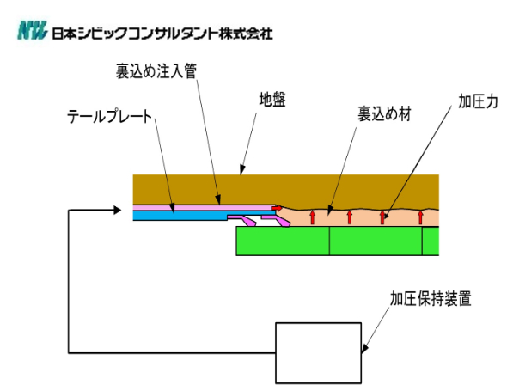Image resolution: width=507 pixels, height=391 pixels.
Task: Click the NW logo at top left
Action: [x=32, y=30]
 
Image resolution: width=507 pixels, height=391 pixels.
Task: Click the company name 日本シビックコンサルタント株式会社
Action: [x=162, y=34]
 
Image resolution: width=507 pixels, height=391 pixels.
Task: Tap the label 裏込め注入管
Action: [x=156, y=71]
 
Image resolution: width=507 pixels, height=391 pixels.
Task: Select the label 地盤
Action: [x=272, y=100]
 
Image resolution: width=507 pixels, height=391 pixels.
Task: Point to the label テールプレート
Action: [x=110, y=116]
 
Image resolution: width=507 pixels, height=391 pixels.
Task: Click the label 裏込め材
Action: [x=384, y=114]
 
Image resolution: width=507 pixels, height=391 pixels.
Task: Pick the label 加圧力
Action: [x=478, y=101]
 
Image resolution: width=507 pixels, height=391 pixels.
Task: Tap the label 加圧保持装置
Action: [x=431, y=298]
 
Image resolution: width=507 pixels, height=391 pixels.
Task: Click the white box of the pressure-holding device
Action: [x=318, y=353]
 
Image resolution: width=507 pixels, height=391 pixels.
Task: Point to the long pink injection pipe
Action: [x=203, y=207]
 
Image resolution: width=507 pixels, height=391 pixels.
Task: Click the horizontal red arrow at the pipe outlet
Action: [x=277, y=208]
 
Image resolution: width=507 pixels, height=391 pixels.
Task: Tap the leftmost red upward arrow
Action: [x=312, y=217]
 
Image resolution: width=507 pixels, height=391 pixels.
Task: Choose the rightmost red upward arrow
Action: [x=420, y=217]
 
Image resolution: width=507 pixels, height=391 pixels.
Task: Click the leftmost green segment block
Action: [x=283, y=241]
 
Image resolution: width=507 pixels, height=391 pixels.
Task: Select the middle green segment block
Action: [x=376, y=241]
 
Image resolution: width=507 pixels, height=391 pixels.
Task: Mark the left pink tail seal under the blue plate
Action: [x=242, y=220]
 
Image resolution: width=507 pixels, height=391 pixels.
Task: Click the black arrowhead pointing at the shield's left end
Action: [x=118, y=211]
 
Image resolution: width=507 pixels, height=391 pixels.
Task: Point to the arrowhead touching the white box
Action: [x=364, y=349]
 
